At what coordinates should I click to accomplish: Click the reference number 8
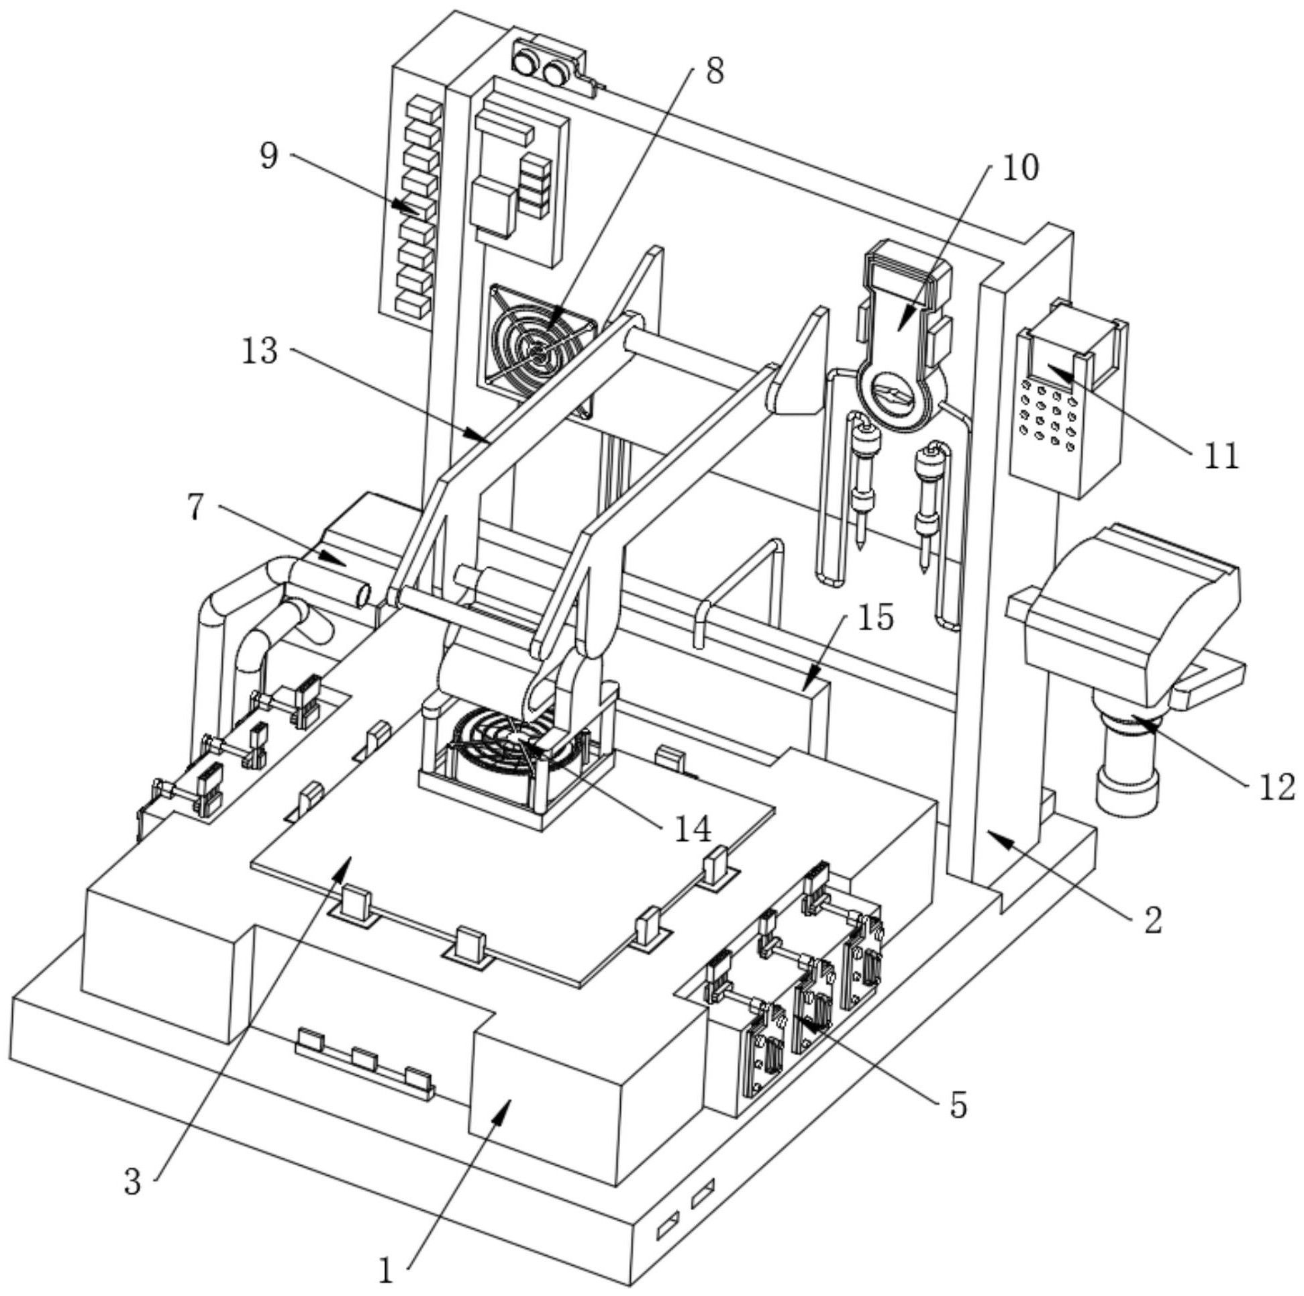tap(714, 70)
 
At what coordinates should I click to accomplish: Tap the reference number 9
tap(268, 156)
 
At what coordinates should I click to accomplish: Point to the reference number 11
tap(1222, 457)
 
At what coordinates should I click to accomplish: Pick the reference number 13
tap(259, 351)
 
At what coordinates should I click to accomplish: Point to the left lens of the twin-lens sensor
tap(523, 64)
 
